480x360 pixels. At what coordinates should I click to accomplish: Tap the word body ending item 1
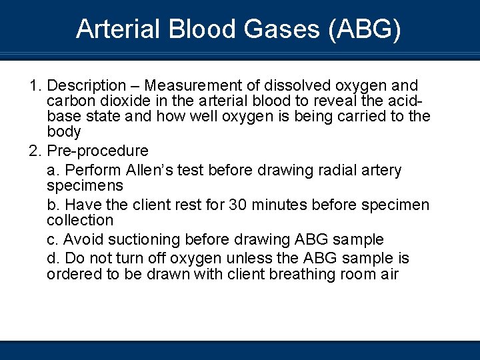click(x=63, y=132)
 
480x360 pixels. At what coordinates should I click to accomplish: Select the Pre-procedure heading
click(x=98, y=151)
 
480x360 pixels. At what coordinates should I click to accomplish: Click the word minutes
click(x=281, y=205)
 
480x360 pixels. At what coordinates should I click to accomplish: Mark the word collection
click(x=80, y=220)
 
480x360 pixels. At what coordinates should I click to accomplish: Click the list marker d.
click(x=53, y=258)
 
